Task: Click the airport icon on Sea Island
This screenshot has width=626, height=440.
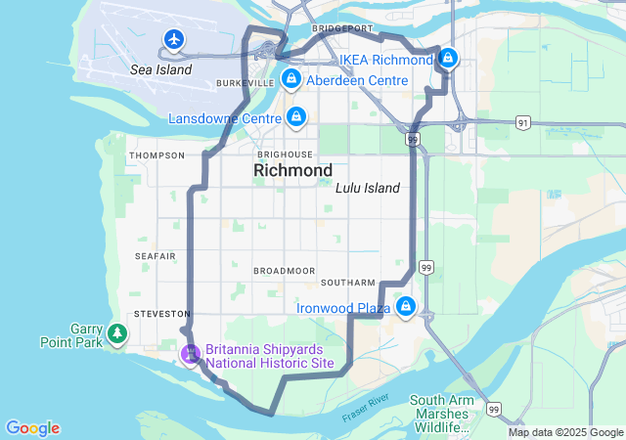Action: coord(174,39)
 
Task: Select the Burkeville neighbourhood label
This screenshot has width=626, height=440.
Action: coord(245,84)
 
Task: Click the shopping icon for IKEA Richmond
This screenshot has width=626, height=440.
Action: coord(448,59)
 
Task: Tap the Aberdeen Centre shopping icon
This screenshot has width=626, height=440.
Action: coord(291,78)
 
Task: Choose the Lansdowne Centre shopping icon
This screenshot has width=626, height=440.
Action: coord(296,118)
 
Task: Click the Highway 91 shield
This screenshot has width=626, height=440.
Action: coord(524,123)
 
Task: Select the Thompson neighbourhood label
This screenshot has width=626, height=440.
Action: coord(156,155)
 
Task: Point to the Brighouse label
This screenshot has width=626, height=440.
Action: coord(285,154)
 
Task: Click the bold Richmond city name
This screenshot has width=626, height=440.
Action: coord(292,171)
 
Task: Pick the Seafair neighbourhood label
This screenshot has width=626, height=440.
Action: coord(156,256)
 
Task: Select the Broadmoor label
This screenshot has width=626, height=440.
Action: coord(284,270)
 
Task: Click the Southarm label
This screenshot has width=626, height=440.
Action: coord(347,283)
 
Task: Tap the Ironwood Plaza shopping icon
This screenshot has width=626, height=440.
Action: coord(405,308)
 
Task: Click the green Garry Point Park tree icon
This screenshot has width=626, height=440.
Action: coord(117,334)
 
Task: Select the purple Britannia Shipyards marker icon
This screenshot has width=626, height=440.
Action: coord(191,354)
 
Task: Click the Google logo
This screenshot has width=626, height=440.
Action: coord(32,428)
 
